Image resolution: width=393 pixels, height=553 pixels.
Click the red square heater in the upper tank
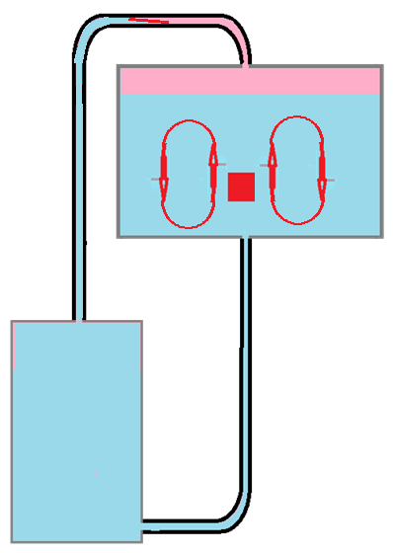242,186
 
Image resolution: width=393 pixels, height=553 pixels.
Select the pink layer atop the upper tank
250,81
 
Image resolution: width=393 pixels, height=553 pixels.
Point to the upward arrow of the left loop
213,163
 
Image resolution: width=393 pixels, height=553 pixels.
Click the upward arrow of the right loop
272,163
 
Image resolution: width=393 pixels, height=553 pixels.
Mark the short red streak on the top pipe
148,20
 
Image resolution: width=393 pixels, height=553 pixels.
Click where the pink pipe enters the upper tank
245,65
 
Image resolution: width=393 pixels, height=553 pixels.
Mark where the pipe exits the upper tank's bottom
246,238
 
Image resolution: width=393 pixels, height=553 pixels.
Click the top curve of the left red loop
189,121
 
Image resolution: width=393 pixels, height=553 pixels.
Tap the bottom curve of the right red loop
296,225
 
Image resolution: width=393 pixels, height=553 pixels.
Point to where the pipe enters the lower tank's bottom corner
144,523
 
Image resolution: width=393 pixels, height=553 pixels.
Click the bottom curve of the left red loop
189,226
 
